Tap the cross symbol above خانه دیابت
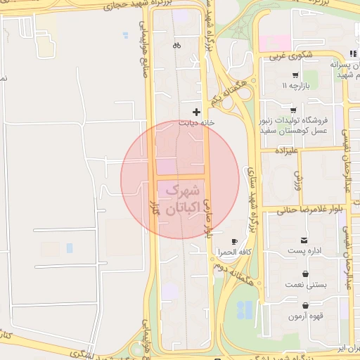coord(196,111)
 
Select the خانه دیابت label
coord(195,122)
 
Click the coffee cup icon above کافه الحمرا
coord(234,241)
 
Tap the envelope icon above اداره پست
coord(304,240)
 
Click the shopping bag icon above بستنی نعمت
coord(305,274)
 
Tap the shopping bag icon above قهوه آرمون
coord(305,306)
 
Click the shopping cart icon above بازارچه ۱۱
coord(295,75)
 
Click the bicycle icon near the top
coord(176,46)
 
